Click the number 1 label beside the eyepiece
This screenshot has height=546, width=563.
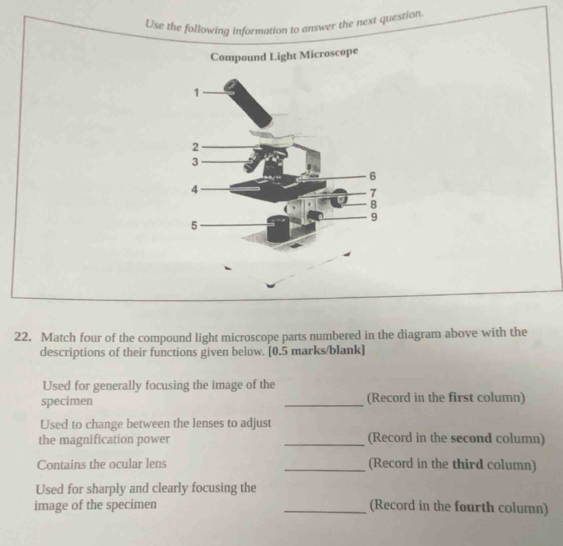click(197, 92)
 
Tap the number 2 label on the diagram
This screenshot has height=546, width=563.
click(196, 147)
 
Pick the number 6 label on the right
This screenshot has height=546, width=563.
click(373, 176)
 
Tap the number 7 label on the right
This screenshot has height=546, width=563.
click(374, 193)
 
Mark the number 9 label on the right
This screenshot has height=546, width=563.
click(374, 218)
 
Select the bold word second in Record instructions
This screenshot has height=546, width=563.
click(471, 438)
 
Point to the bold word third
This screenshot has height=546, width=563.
click(467, 464)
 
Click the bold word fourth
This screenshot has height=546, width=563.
click(474, 507)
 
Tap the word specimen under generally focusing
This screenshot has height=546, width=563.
click(67, 401)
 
